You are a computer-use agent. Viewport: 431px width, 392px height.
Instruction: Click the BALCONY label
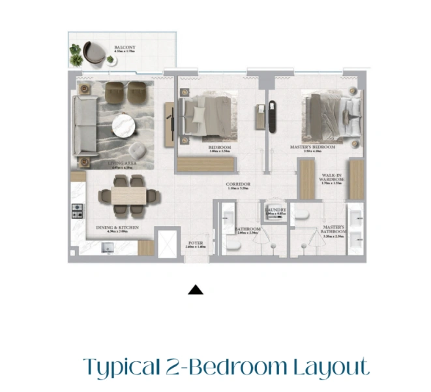(125, 48)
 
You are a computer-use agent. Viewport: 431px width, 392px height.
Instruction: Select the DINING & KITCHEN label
(117, 228)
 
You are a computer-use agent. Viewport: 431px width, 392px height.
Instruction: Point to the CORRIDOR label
(238, 184)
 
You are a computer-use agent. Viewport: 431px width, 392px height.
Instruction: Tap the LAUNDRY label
(275, 210)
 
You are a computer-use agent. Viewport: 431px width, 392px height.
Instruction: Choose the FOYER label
(195, 243)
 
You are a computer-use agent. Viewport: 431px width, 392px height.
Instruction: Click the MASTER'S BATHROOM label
(333, 230)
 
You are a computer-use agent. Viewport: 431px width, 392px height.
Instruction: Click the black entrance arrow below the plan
(196, 289)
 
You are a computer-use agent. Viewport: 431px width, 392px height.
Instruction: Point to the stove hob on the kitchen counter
(78, 211)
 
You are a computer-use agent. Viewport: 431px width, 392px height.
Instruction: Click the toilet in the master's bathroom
(301, 216)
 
